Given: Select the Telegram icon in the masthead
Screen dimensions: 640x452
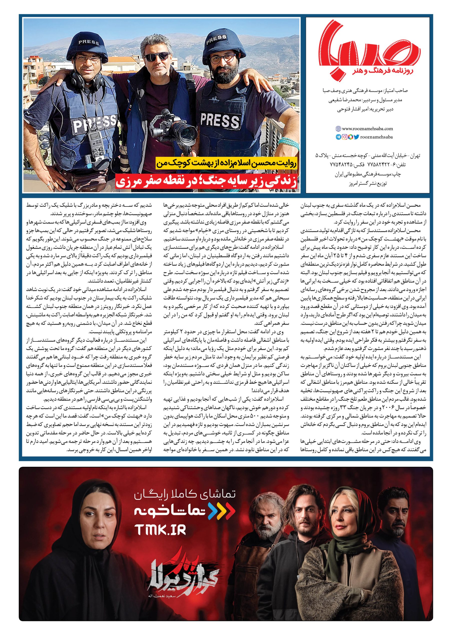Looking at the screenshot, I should (x=338, y=137).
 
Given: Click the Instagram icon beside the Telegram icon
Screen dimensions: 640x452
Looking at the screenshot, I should (x=344, y=137).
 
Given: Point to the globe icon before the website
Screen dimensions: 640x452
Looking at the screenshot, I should (x=338, y=129).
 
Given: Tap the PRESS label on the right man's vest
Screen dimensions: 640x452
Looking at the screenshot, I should (x=219, y=120).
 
